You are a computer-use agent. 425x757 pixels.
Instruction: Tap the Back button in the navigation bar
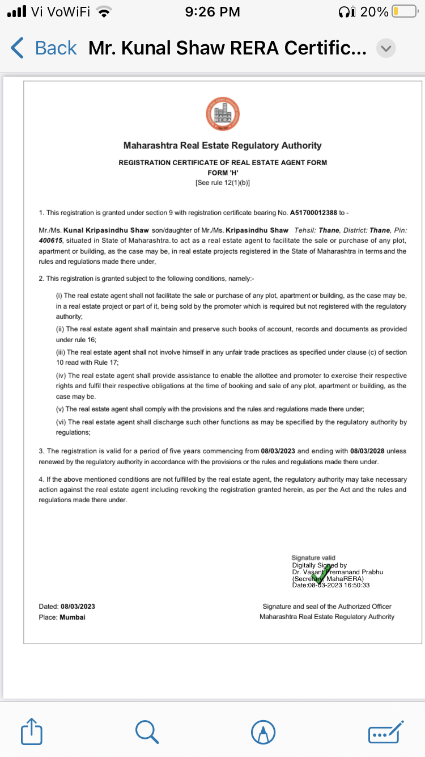coord(44,48)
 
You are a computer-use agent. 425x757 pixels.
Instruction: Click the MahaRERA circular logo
coord(223,114)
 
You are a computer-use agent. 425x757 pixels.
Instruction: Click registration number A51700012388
coord(313,213)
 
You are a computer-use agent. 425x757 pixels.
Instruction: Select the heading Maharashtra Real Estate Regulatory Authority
coord(223,146)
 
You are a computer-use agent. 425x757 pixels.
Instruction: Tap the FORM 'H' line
coord(223,173)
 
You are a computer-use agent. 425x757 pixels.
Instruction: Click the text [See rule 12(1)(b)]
coord(223,183)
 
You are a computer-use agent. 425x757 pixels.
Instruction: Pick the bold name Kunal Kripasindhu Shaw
coord(106,230)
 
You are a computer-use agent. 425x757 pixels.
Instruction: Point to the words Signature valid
coord(313,558)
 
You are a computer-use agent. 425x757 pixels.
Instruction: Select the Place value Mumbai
coord(73,617)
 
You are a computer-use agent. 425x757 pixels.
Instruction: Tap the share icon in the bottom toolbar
coord(32,732)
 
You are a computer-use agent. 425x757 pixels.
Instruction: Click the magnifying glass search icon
coord(147,731)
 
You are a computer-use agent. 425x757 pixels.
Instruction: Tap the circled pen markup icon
coord(263,732)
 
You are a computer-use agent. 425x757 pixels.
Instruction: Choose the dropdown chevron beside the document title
coord(386,48)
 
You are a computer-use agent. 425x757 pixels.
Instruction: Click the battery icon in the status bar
coord(404,11)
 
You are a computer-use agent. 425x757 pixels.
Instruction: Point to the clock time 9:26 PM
coord(212,11)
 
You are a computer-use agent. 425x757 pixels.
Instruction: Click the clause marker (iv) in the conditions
coord(60,376)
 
